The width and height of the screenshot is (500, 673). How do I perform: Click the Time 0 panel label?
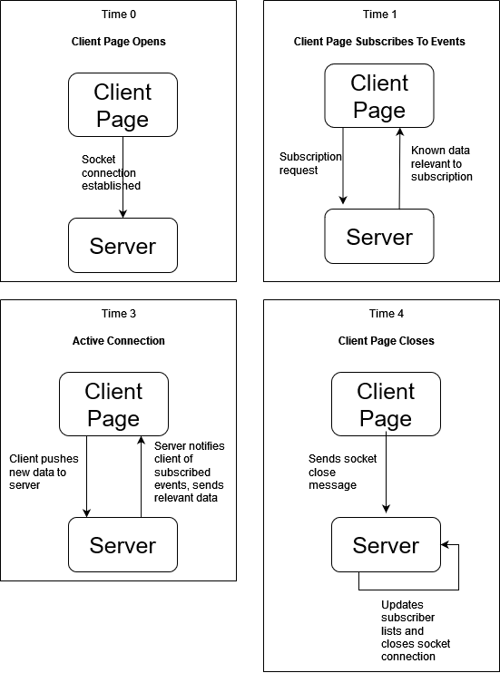point(119,15)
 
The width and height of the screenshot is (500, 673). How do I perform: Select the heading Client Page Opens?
point(119,42)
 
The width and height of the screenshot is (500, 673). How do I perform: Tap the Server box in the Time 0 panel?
point(123,246)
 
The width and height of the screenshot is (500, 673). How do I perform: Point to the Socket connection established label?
point(111,172)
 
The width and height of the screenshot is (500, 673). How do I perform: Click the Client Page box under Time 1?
point(379,96)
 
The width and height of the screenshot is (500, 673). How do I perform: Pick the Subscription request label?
point(310,163)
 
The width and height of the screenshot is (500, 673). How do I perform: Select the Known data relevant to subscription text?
point(442,163)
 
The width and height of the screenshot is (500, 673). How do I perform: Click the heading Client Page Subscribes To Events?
point(379,42)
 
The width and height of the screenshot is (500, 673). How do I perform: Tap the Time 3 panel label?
point(119,314)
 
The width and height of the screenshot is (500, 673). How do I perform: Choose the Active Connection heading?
point(119,341)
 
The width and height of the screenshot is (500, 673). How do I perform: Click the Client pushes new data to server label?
point(44,472)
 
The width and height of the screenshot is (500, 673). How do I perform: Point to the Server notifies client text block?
point(190,472)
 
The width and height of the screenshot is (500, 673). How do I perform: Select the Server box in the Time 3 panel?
point(123,545)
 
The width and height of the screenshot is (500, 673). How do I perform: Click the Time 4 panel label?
point(387,314)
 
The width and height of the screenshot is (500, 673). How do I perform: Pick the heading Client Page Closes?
point(387,341)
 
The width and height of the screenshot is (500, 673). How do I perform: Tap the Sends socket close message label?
point(342,472)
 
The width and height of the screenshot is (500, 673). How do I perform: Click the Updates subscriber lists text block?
point(416,630)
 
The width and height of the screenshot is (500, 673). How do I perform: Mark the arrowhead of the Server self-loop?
point(444,545)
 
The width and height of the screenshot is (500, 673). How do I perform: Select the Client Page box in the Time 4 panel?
point(387,404)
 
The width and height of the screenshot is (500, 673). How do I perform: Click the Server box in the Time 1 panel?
point(379,236)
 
